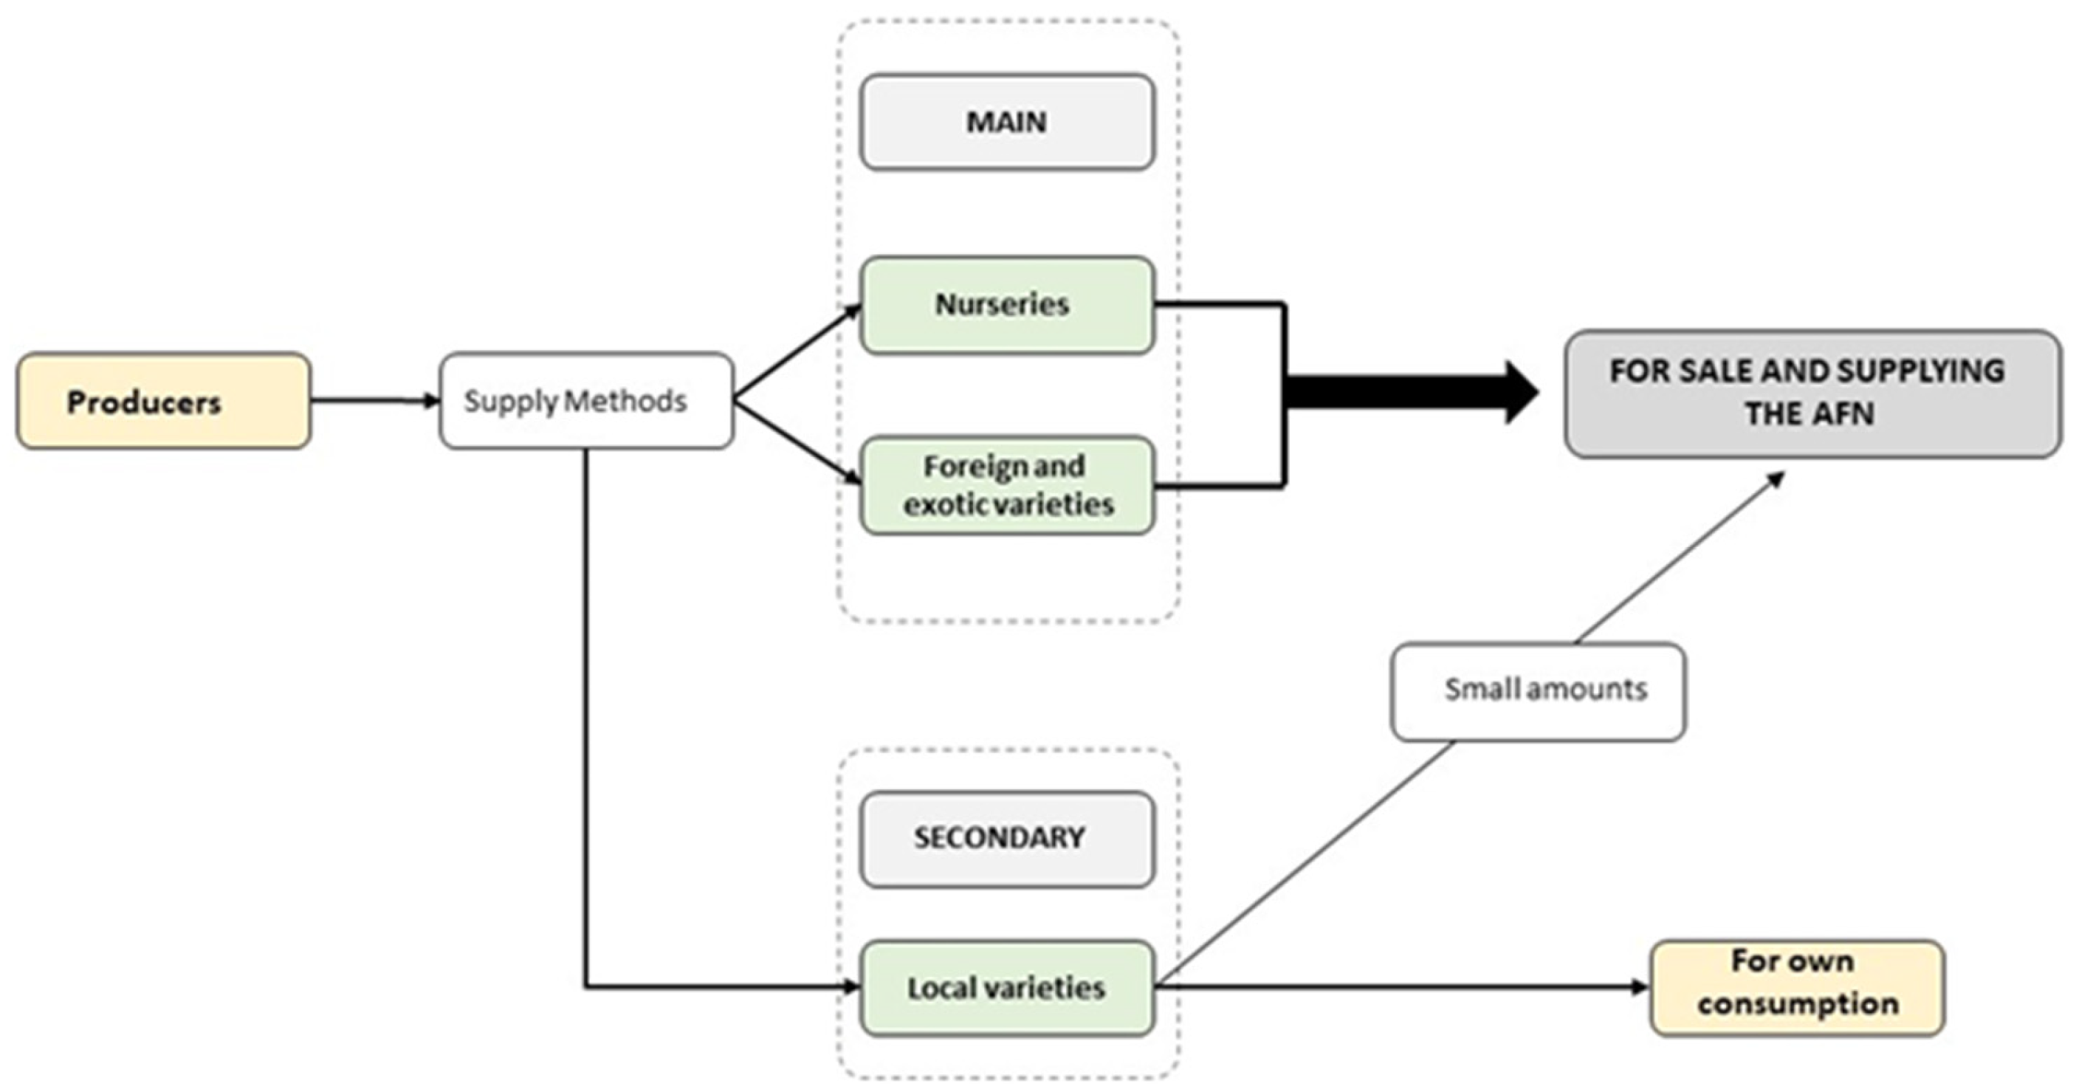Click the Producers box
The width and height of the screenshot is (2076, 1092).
164,400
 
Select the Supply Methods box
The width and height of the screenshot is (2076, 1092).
586,400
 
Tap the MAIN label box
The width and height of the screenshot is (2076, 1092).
1006,122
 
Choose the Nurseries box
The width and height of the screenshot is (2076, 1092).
1006,305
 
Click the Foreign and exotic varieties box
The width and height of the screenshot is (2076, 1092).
1006,485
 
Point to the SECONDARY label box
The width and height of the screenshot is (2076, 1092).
1006,838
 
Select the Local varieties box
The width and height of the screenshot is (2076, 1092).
1006,988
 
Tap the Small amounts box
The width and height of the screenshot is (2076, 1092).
1538,690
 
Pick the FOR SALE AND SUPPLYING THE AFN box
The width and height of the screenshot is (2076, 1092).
1812,394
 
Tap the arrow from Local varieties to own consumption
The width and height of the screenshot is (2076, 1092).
1402,986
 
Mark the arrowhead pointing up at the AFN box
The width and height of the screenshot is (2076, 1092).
1776,478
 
